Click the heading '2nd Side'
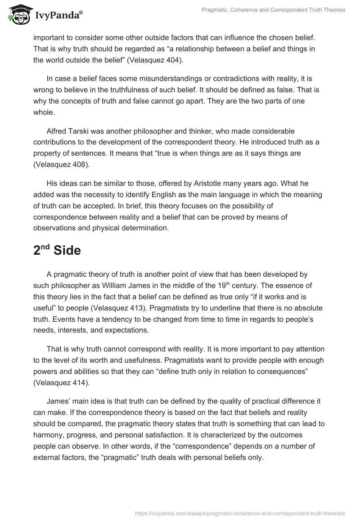tap(57, 251)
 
